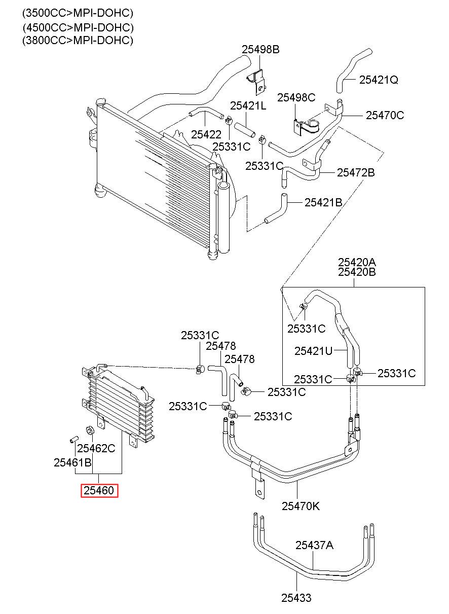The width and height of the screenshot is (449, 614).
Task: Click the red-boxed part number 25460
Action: [99, 490]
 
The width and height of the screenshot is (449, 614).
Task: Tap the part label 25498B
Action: [260, 49]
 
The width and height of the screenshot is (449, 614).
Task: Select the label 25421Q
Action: [379, 80]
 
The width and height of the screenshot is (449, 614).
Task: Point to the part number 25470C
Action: [385, 115]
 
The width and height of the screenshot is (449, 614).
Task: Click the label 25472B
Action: [356, 173]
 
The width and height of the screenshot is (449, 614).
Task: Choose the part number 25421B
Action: [323, 203]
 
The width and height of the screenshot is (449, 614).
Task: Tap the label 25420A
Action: [357, 262]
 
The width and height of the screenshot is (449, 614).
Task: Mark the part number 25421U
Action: [313, 351]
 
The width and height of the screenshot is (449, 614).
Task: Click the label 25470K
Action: [301, 507]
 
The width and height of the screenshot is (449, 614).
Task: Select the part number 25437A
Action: [315, 545]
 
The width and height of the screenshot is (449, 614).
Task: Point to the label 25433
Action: [296, 598]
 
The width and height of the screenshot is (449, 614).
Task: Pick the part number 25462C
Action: [96, 448]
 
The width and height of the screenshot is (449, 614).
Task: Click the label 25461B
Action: [72, 463]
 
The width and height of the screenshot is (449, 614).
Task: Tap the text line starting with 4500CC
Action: [78, 27]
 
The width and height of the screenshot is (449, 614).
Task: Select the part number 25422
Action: [206, 134]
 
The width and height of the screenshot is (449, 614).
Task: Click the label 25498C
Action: [296, 97]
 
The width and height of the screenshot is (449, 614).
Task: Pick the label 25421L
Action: [248, 105]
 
